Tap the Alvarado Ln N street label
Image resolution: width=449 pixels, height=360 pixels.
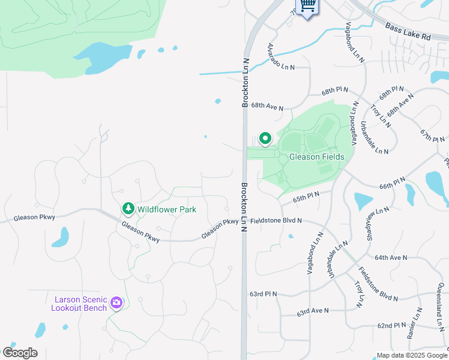tap(281, 57)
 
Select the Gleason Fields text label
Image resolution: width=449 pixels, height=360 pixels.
tap(317, 157)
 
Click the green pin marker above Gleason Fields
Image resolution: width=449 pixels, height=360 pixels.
tap(265, 139)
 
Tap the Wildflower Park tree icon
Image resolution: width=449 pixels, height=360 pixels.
tap(128, 209)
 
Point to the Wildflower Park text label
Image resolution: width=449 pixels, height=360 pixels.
tap(167, 210)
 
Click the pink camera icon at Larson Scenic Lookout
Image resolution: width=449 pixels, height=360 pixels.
tap(116, 304)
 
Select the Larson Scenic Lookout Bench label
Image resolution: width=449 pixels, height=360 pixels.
tap(80, 304)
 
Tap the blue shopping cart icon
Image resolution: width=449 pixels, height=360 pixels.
tap(307, 6)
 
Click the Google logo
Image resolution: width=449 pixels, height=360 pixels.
tap(20, 352)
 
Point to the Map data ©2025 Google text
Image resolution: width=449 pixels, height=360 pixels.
tap(412, 355)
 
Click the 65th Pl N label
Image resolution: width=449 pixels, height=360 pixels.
tap(305, 196)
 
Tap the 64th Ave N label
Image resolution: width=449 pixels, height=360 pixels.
tap(391, 257)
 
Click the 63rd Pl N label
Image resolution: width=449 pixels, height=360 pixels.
tap(263, 294)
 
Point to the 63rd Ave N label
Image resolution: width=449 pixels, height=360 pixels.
tap(313, 312)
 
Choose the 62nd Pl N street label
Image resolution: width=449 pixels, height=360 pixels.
tap(393, 325)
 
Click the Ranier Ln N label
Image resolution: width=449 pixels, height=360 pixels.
tap(414, 324)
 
